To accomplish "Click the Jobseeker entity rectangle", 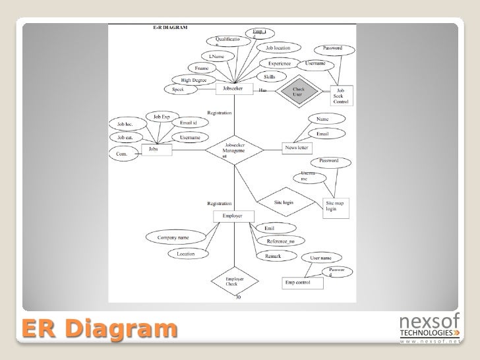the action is coord(234,88).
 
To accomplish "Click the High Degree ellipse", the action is coord(189,80).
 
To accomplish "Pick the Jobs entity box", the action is coord(156,150).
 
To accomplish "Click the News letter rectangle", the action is coord(296,148).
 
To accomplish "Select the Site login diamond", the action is coord(284,202).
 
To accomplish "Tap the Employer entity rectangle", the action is coord(232,216).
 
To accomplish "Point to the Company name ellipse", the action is coord(173,237).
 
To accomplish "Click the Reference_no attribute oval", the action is coord(281,241).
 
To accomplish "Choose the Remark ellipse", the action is coord(274,255).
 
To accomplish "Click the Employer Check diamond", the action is coord(232,282).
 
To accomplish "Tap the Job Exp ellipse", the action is coord(162,116).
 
